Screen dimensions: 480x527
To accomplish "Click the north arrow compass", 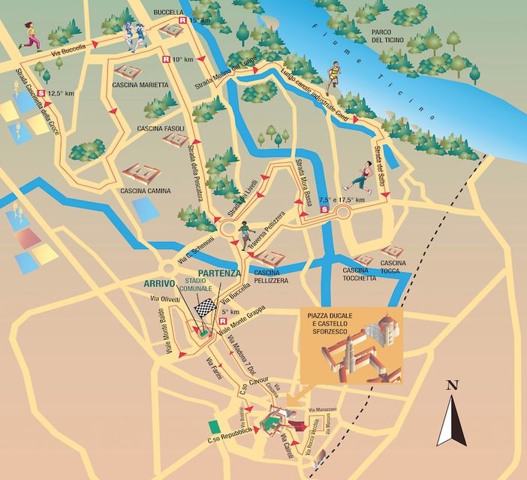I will click(452, 416).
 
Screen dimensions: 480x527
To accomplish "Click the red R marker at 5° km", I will click(222, 321).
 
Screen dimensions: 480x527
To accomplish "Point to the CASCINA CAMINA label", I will click(144, 191).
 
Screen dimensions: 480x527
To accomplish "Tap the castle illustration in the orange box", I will click(368, 349).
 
